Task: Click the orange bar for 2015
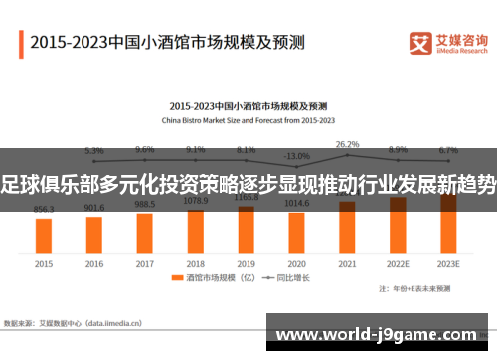(x=44, y=235)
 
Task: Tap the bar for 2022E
(x=398, y=224)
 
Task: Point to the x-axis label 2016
(x=94, y=264)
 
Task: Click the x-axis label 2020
(x=296, y=264)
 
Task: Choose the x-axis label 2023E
(x=448, y=264)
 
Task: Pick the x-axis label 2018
(x=196, y=264)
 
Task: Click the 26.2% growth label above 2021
(x=347, y=144)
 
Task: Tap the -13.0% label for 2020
(x=296, y=156)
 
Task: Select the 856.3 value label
(x=44, y=210)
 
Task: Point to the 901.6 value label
(x=94, y=208)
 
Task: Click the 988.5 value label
(x=145, y=203)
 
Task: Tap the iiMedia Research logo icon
(x=420, y=42)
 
